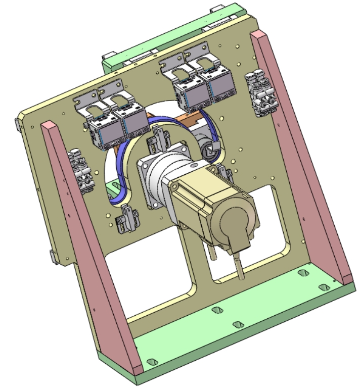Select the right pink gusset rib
[x=303, y=152]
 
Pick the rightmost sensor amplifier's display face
[x=221, y=90]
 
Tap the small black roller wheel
[x=210, y=151]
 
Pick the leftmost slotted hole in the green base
[x=151, y=362]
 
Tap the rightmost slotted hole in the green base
[x=324, y=287]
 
